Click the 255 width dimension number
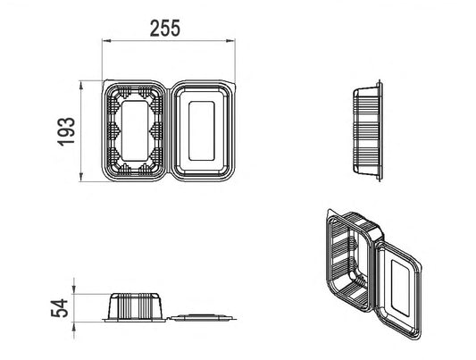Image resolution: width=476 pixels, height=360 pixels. coord(165,29)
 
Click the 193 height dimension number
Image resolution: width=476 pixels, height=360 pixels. coord(66,131)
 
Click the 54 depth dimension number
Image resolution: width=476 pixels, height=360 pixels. coord(60,308)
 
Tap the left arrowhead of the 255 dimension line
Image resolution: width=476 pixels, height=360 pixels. coord(106,40)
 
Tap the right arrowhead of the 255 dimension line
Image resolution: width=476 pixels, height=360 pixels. coord(230,40)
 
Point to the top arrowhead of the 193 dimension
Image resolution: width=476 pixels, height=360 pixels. coord(81,85)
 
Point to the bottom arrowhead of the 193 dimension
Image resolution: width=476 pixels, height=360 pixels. coord(81,177)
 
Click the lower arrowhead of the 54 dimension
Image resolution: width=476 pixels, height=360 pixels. coord(74,326)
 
